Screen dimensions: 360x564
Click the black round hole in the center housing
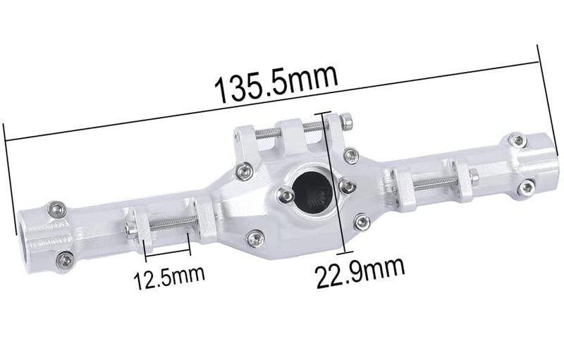click(x=310, y=191)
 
